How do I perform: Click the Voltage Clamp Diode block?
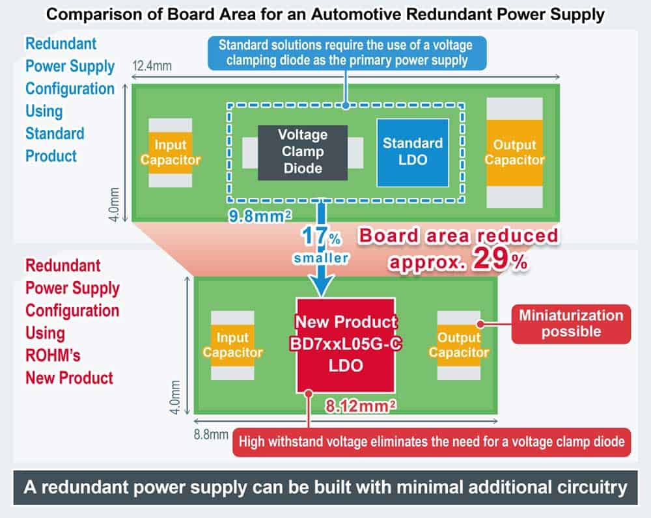click(x=302, y=152)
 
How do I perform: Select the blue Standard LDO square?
click(x=412, y=152)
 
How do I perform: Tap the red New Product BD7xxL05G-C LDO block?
click(x=346, y=345)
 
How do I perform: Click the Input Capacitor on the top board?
click(x=170, y=153)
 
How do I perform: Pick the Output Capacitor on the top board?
click(x=514, y=153)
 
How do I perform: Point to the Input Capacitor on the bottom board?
click(x=232, y=345)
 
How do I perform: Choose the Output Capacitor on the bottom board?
click(x=458, y=345)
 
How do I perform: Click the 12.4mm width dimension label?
click(x=152, y=66)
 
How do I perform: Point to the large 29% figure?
click(x=498, y=260)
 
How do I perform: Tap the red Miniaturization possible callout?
click(x=570, y=323)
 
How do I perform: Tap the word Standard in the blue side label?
click(x=55, y=133)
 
